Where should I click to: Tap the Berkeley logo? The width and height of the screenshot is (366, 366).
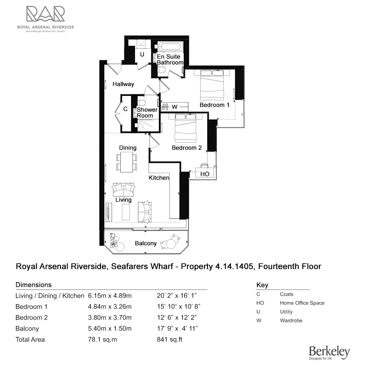point(329,352)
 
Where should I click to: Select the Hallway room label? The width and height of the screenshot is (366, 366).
point(123,84)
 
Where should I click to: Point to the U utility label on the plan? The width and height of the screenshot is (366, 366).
point(142,55)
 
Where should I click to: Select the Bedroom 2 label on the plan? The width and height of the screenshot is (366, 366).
point(187,148)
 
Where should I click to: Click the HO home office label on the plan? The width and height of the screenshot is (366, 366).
point(205,174)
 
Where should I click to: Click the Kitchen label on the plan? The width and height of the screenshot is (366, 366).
point(158,178)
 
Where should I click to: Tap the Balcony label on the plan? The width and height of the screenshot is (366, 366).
point(146,243)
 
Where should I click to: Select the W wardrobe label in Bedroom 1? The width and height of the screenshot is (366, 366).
point(175,107)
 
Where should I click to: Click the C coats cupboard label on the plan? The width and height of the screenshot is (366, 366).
point(125,109)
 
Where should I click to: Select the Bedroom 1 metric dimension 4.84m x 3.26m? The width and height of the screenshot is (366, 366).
point(110,307)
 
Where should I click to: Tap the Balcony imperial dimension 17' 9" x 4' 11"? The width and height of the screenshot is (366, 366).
point(178,329)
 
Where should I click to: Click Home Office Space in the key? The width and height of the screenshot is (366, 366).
point(302,303)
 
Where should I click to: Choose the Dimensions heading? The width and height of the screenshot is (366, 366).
point(33,285)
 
